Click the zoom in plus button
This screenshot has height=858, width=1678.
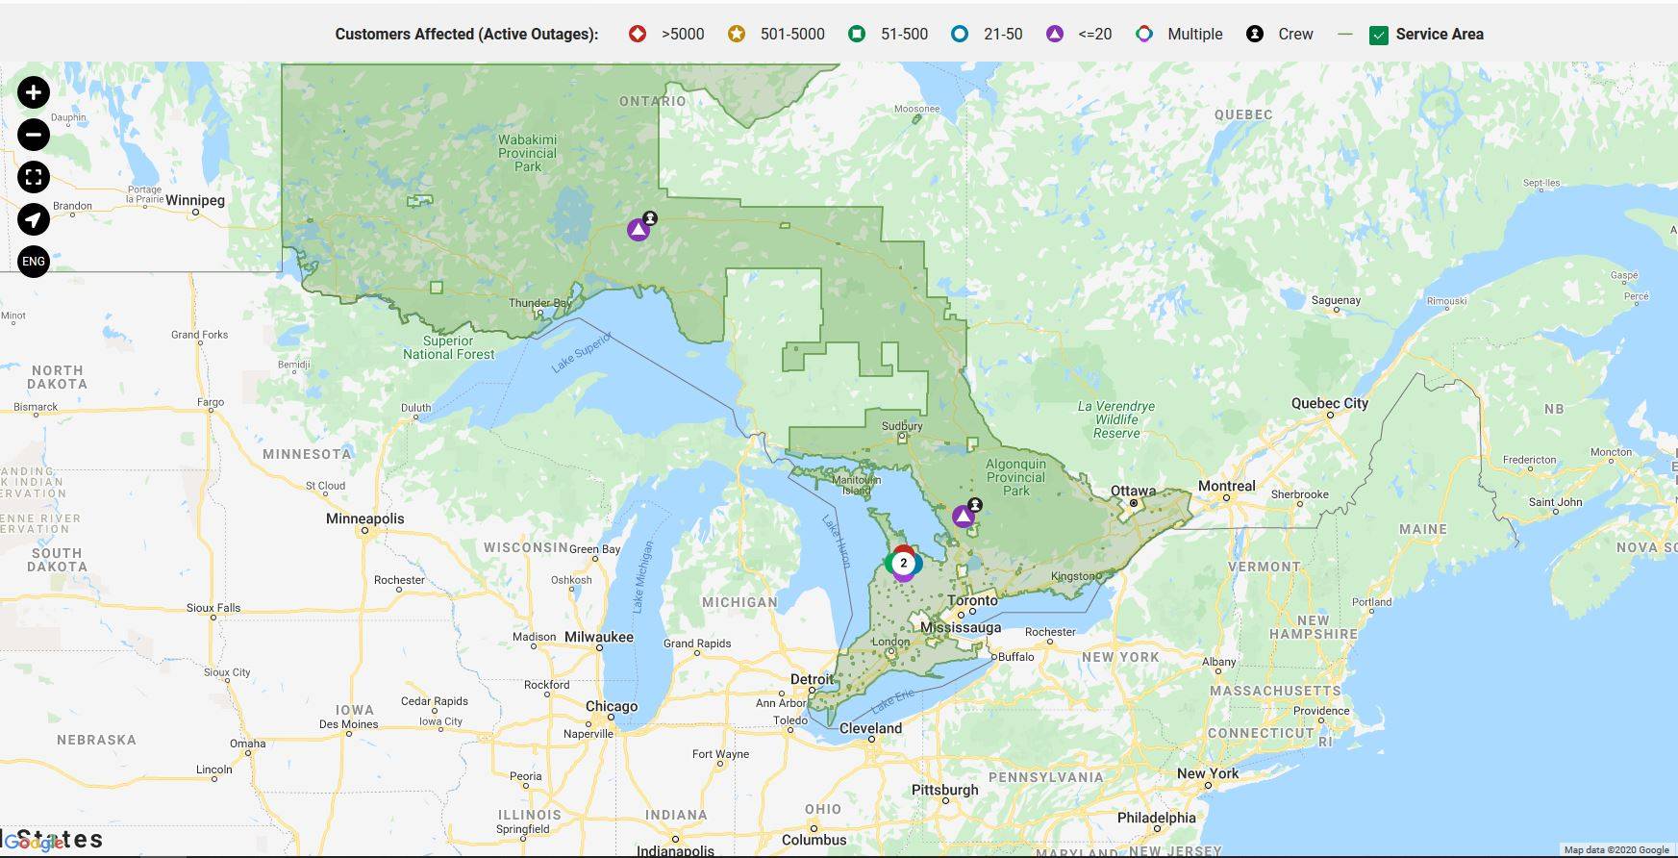[x=34, y=92]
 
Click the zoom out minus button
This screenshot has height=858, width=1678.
[x=34, y=135]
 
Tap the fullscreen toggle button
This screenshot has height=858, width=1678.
[x=34, y=177]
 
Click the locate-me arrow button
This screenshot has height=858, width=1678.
[x=34, y=219]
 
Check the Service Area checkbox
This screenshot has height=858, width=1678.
[x=1378, y=35]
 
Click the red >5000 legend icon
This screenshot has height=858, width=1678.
[x=637, y=34]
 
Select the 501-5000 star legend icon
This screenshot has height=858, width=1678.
[x=736, y=34]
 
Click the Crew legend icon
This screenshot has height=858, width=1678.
[x=1255, y=34]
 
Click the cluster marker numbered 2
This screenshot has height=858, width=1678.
[x=903, y=564]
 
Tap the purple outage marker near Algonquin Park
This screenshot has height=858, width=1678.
[x=963, y=517]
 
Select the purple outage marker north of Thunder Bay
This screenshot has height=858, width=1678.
[x=638, y=230]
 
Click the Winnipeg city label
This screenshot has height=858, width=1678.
[x=195, y=200]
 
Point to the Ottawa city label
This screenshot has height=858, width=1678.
[x=1133, y=491]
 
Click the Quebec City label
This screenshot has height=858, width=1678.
[x=1329, y=403]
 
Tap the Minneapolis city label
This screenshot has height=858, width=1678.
[x=365, y=518]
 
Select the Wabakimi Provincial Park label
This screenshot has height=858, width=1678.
[x=527, y=153]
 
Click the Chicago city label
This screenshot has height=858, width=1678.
[x=612, y=706]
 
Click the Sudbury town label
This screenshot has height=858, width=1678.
[x=902, y=425]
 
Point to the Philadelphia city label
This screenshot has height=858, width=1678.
[x=1156, y=818]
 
